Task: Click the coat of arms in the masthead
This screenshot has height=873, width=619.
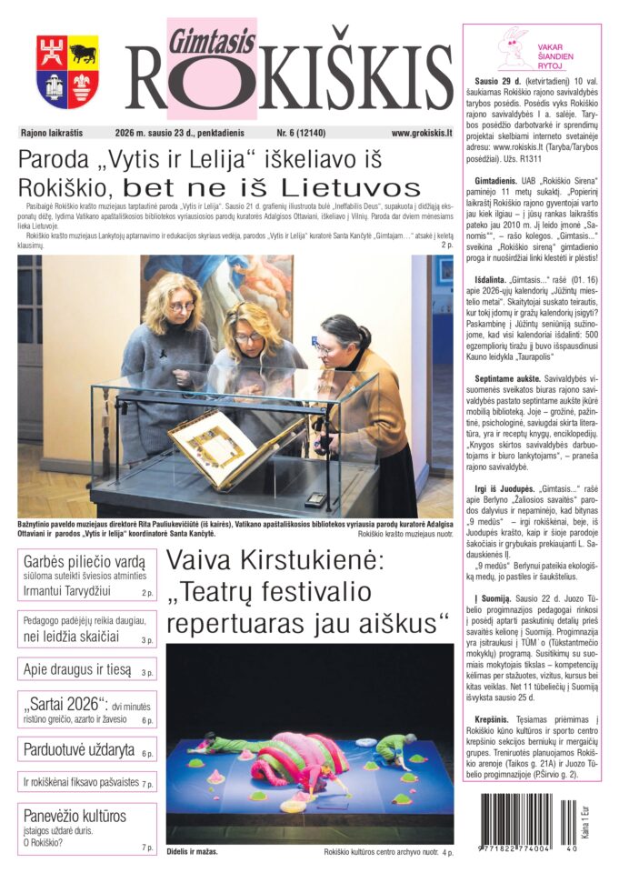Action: [67, 72]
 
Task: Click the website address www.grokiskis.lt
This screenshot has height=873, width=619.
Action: [421, 132]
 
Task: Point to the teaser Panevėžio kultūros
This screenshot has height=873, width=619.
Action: [75, 816]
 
